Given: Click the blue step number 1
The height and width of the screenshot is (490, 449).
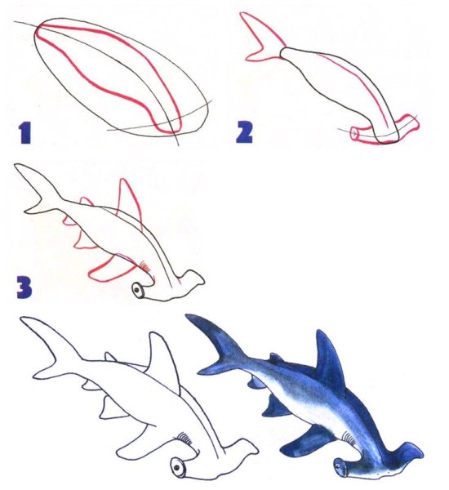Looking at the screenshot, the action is point(25,133).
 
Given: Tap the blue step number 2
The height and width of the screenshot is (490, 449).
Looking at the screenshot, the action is point(244,132).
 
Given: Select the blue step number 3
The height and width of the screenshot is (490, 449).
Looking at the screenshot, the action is point(24,288).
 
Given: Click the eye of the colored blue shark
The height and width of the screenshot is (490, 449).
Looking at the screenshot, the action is point(337,466).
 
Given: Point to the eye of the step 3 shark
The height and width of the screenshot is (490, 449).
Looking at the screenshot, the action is point(137,290).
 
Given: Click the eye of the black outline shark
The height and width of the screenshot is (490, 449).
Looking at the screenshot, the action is point(177,468).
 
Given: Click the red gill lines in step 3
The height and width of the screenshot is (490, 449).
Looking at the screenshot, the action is point(144,265).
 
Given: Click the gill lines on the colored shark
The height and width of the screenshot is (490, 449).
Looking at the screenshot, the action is point(349,438).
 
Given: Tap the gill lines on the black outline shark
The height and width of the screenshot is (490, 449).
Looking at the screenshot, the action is point(185,439).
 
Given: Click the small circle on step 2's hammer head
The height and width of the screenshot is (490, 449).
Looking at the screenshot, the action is point(354,134).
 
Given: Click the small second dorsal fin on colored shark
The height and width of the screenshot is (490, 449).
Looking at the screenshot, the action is point(275,359).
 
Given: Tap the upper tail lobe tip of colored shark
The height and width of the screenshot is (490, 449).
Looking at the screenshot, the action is point(187,315).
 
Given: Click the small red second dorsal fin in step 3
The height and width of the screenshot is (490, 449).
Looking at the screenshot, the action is point(87,202).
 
